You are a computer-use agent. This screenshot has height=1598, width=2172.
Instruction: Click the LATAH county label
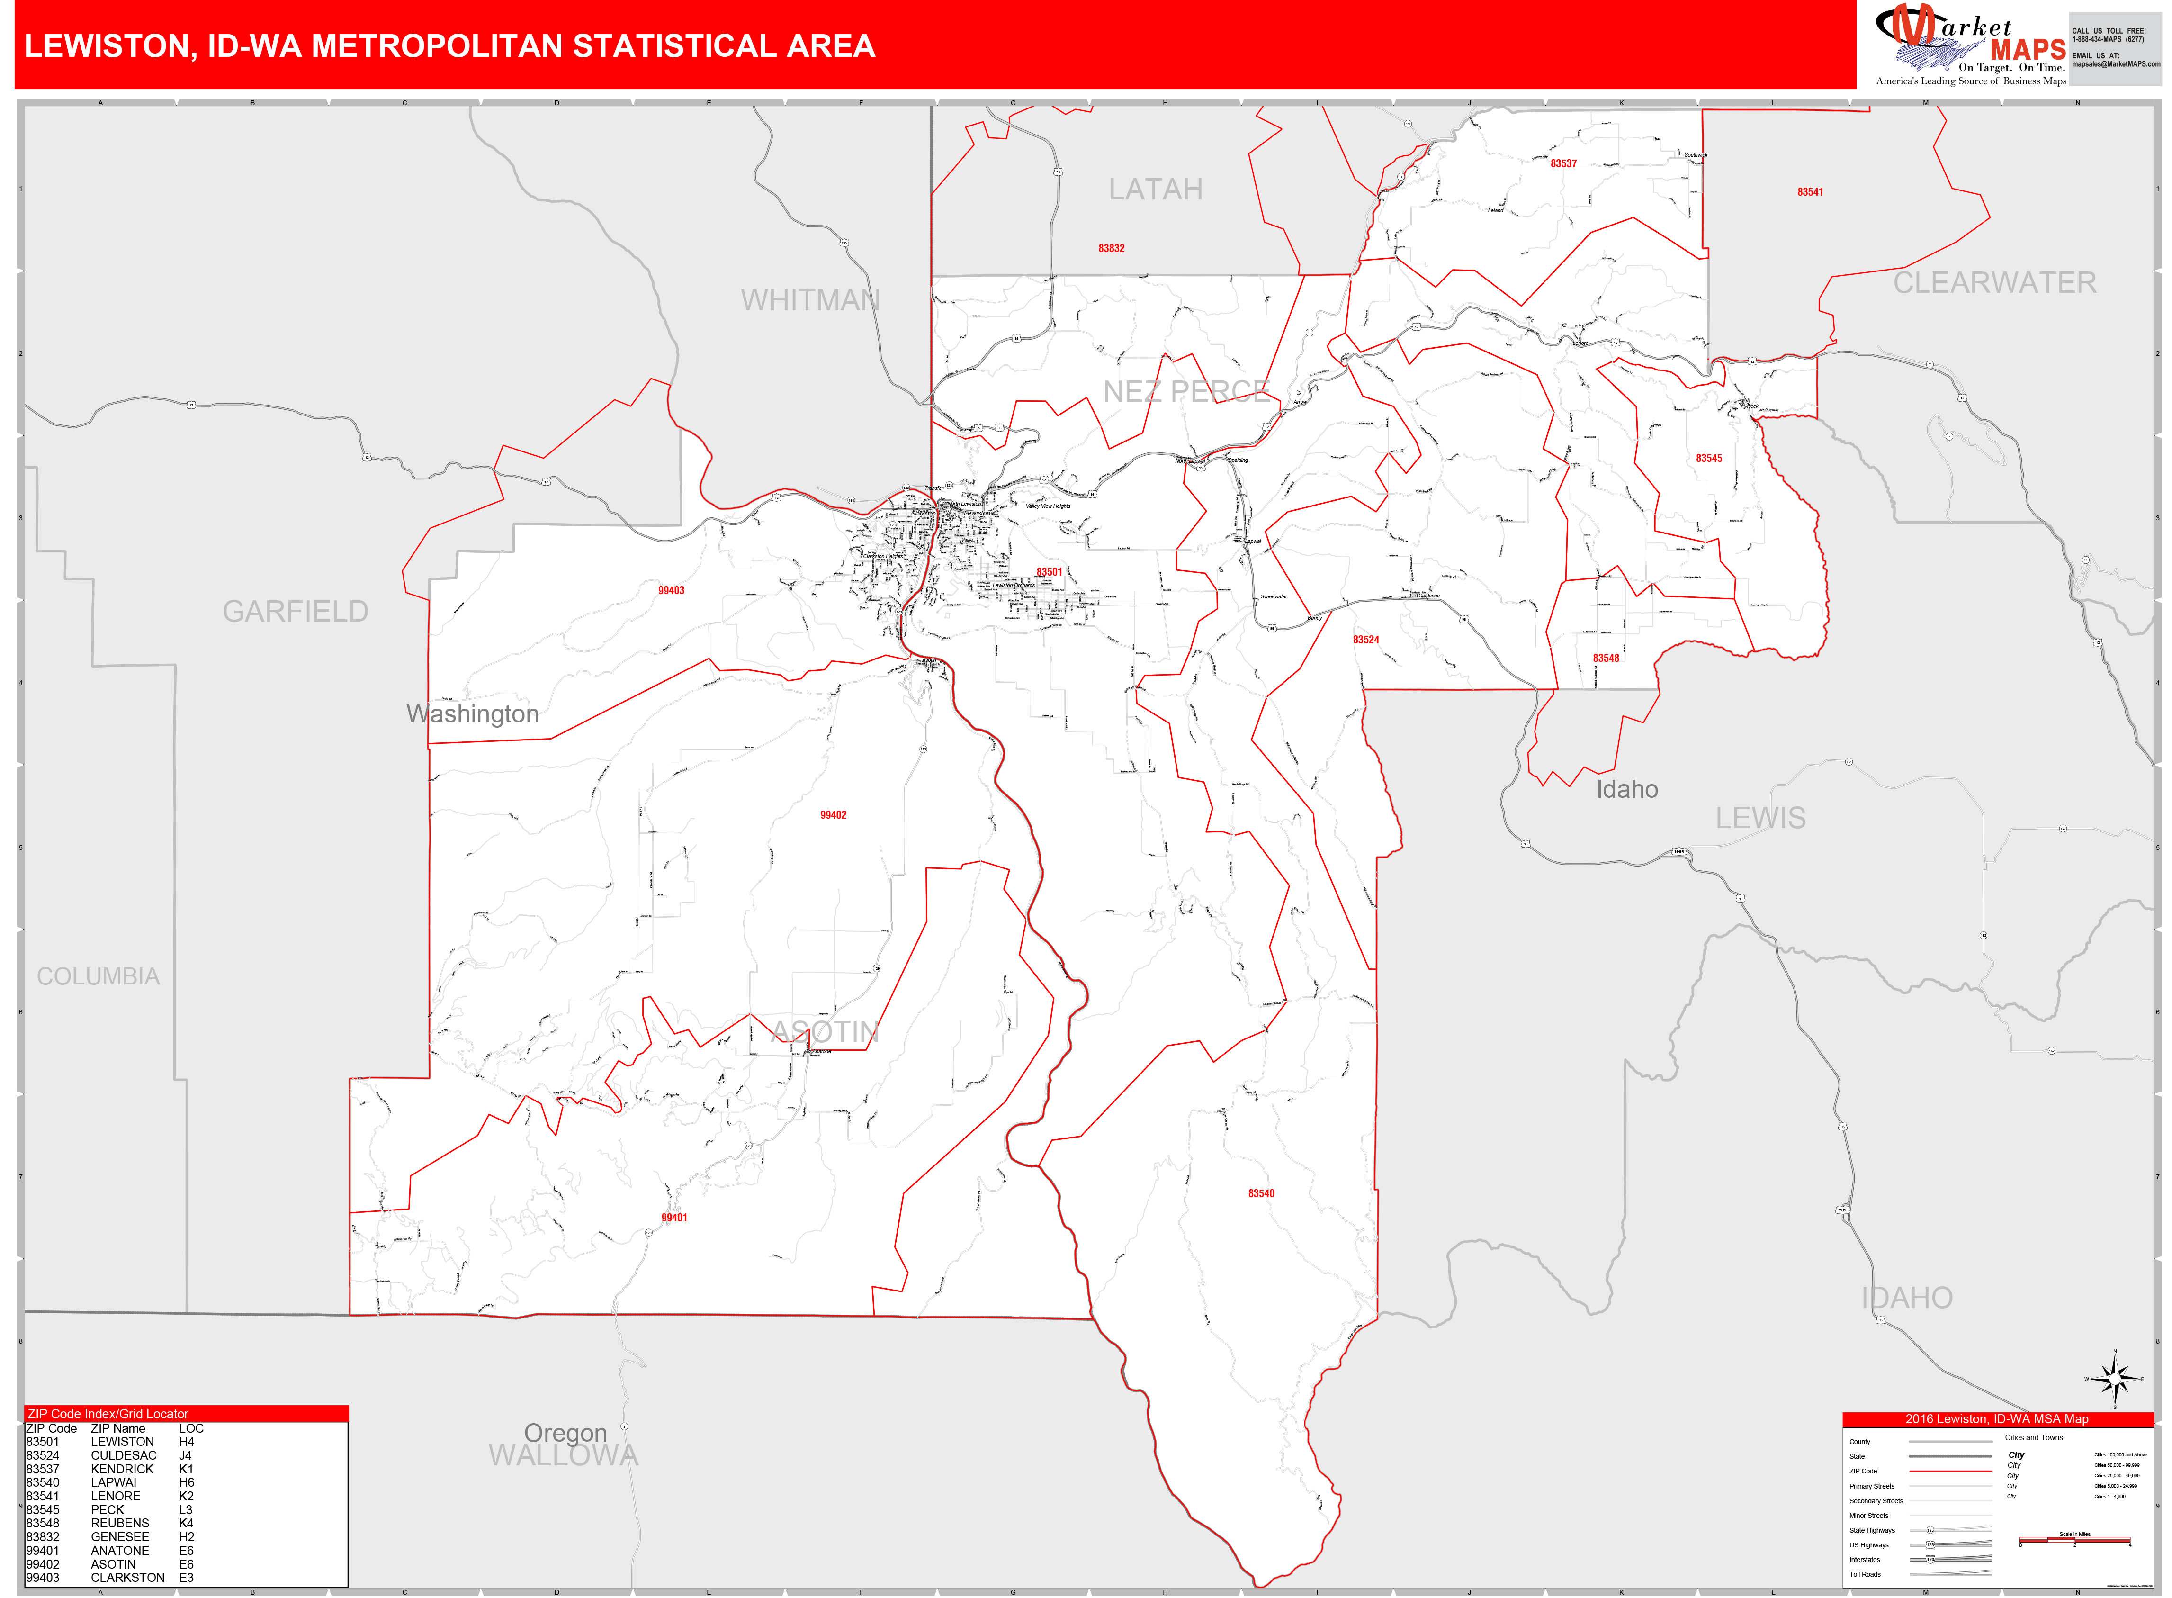[1156, 190]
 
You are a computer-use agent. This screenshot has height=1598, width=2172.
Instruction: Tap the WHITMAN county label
[810, 301]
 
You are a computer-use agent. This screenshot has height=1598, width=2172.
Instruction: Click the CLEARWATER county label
[1994, 282]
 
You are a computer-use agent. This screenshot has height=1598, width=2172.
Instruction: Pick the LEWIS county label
[1760, 818]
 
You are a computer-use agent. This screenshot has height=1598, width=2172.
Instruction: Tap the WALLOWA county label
[564, 1456]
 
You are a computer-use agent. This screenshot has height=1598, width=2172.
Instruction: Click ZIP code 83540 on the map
[1261, 1194]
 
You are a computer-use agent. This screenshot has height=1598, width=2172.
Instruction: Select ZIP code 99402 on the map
[833, 815]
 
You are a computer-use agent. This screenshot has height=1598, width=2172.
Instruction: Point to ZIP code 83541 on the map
[1810, 192]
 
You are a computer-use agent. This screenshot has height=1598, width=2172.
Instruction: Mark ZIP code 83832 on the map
[1111, 249]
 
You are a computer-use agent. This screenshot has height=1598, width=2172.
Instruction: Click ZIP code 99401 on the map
[674, 1218]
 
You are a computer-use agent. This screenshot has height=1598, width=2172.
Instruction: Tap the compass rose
[2114, 1379]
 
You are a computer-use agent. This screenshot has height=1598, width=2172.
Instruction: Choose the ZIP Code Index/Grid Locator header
[108, 1414]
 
